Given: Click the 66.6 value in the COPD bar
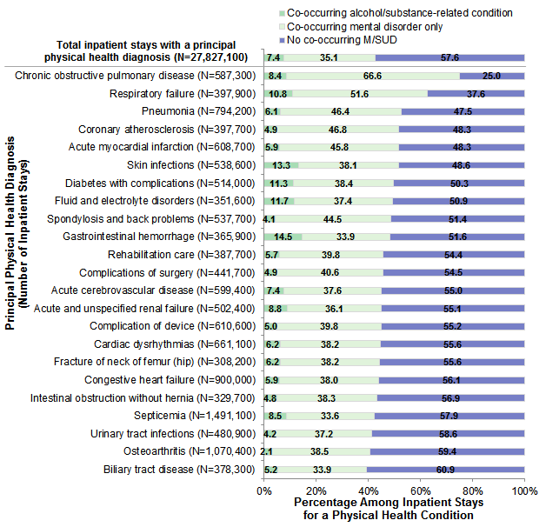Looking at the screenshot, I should tap(372, 77).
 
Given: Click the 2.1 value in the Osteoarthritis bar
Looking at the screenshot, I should tap(267, 452).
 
